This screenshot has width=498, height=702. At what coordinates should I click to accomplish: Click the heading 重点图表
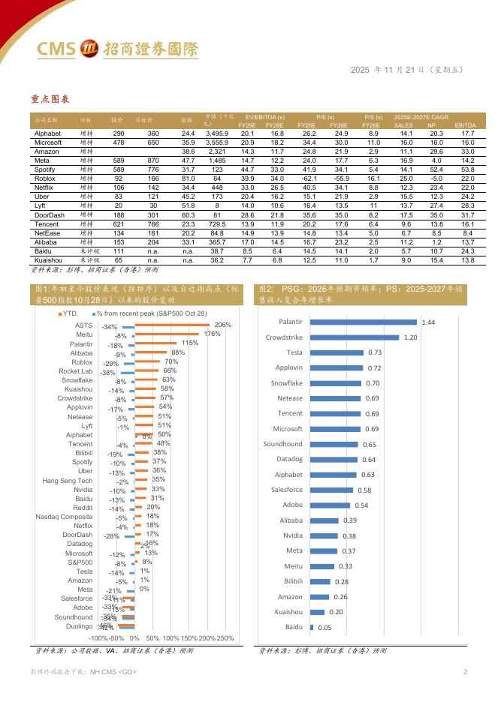(x=50, y=99)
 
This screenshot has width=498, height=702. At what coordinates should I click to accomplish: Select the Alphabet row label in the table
(x=48, y=133)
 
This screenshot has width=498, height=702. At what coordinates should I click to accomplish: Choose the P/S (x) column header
(x=373, y=117)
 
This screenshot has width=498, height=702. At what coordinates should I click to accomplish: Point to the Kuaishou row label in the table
(x=49, y=259)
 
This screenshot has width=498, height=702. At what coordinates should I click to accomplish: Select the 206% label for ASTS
(x=223, y=325)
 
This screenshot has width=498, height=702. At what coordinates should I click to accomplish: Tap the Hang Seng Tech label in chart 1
(x=68, y=480)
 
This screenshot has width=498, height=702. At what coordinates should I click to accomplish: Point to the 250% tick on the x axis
(x=225, y=637)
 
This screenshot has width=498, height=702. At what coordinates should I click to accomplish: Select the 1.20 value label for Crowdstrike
(x=410, y=337)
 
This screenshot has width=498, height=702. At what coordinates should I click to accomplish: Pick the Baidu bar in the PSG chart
(x=312, y=626)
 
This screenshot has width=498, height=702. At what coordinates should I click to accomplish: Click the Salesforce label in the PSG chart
(x=287, y=489)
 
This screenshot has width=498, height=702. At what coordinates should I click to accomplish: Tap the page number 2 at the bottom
(x=465, y=671)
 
